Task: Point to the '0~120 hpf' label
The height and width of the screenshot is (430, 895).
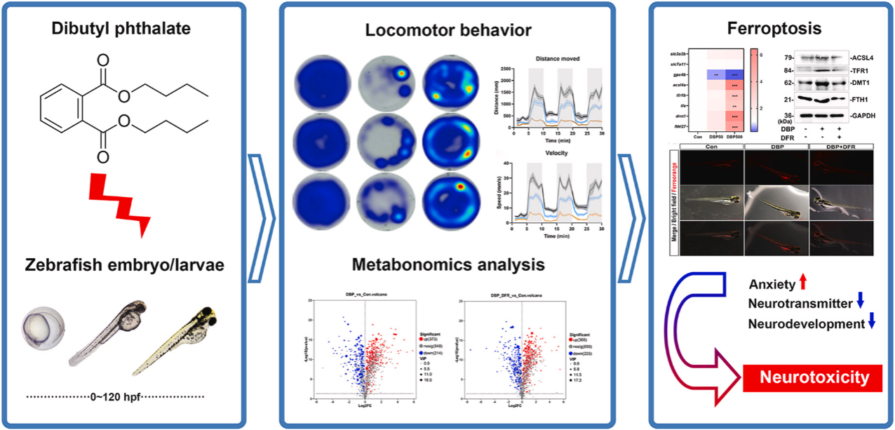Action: [x=116, y=397]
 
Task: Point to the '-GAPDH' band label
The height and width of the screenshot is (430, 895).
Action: [x=866, y=116]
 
